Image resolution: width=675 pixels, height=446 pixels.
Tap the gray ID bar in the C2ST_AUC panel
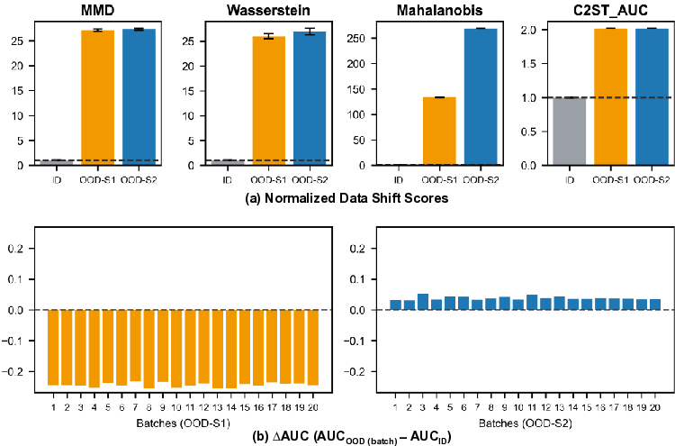click(x=568, y=131)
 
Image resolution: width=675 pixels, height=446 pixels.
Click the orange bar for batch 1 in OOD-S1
click(x=53, y=347)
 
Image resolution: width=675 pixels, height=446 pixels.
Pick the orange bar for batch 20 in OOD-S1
click(x=313, y=347)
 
